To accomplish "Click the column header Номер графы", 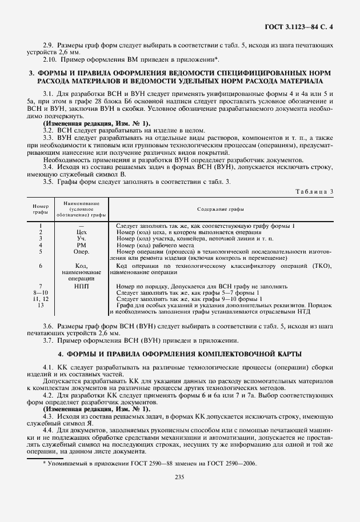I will tap(41, 209).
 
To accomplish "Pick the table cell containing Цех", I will tap(81, 232).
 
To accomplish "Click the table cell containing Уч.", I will tap(81, 239).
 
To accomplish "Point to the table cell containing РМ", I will tap(81, 245).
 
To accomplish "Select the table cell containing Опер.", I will tap(81, 251).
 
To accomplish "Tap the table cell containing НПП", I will tap(81, 286).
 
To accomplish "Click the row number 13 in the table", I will tap(41, 305).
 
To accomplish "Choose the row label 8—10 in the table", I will tap(41, 292).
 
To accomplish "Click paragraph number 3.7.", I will tap(49, 340).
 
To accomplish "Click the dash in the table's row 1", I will tap(81, 226).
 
